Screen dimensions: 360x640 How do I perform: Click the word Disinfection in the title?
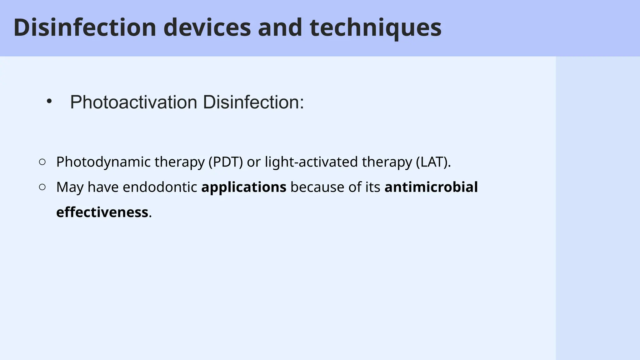point(85,27)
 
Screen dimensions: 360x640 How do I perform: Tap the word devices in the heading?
point(207,27)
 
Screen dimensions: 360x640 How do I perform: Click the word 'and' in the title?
point(280,27)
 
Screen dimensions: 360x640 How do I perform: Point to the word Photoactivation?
point(134,102)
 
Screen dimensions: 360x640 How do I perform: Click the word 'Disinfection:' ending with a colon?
point(253,102)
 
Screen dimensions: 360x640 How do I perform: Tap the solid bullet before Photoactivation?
point(49,101)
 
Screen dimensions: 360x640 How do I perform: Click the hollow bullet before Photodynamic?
point(42,162)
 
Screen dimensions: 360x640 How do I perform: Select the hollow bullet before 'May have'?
point(42,187)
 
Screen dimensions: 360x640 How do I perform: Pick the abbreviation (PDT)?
point(226,162)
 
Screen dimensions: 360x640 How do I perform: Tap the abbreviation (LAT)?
point(433,162)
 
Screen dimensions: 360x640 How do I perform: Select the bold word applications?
point(244,187)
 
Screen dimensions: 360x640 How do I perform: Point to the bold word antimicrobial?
point(431,187)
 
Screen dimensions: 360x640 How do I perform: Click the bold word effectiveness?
point(102,212)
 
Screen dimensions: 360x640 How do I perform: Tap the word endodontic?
point(160,187)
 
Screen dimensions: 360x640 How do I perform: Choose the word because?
point(317,187)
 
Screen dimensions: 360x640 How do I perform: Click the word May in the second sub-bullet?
point(70,187)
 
